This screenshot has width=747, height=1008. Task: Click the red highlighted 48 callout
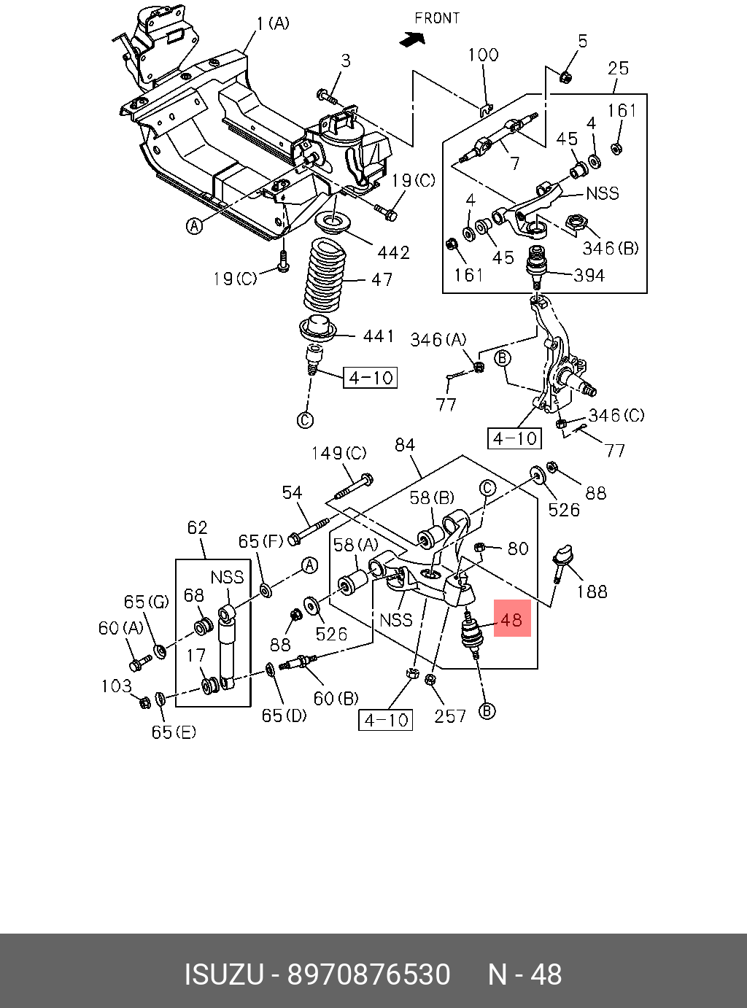[x=512, y=619]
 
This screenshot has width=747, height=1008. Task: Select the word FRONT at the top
[x=437, y=18]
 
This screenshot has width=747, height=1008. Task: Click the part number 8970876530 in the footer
[x=368, y=975]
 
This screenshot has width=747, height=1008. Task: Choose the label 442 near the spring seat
[x=393, y=252]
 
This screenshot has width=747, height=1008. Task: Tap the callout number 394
[x=589, y=275]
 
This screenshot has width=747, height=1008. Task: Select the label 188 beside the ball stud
[x=592, y=591]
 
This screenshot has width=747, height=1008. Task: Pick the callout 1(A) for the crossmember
[x=273, y=23]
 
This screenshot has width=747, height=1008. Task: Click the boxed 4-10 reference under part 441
[x=371, y=378]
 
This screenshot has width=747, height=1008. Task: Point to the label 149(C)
[x=338, y=453]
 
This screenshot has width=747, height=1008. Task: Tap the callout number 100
[x=483, y=55]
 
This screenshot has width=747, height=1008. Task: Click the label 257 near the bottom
[x=450, y=716]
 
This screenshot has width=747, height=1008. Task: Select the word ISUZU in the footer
[x=223, y=975]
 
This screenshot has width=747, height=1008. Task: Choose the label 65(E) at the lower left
[x=174, y=732]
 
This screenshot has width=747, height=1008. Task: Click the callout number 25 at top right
[x=618, y=68]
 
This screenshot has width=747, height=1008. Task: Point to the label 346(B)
[x=610, y=248]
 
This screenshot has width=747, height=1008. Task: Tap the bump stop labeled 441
[x=318, y=328]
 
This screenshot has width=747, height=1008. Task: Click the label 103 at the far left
[x=116, y=686]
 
